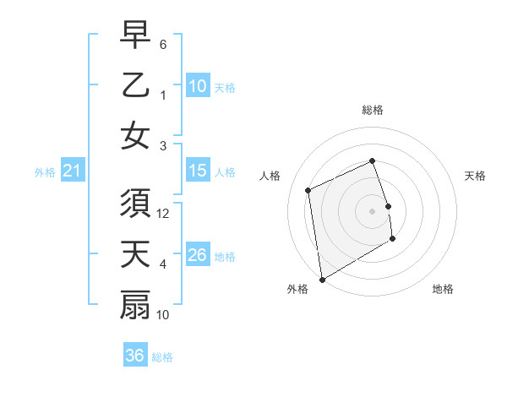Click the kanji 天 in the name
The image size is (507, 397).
tap(135, 256)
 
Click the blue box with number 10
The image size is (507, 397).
tap(198, 85)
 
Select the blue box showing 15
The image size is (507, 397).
tap(198, 171)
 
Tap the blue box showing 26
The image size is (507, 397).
tap(198, 255)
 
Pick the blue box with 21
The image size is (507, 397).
tap(73, 171)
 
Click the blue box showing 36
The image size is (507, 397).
tap(135, 356)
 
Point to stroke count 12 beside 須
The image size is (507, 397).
tap(164, 215)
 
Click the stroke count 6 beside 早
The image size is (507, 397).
tap(163, 43)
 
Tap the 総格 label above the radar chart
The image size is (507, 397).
tap(372, 110)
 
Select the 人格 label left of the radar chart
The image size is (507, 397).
tap(270, 176)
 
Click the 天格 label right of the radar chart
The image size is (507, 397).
tap(475, 176)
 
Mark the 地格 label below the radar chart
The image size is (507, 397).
tap(443, 289)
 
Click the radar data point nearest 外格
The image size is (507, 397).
tap(322, 279)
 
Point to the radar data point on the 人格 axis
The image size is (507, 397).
tap(308, 190)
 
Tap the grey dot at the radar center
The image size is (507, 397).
tap(372, 210)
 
